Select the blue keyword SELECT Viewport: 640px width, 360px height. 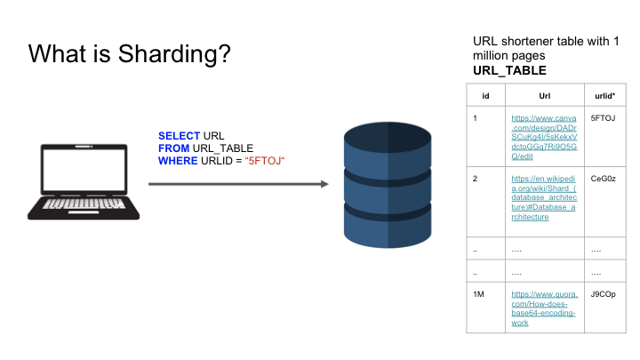[180, 136]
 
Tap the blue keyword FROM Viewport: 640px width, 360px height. [174, 148]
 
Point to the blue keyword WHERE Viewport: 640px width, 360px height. [178, 161]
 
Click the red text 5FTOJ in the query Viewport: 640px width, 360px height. [265, 161]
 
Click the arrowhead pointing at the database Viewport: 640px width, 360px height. [325, 184]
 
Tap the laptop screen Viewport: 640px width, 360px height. [84, 170]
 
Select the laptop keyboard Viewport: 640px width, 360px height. [84, 204]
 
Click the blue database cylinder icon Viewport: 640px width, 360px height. [388, 185]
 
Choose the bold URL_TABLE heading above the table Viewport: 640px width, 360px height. [509, 70]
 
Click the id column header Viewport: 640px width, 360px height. [485, 96]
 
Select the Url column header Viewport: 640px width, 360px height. [545, 96]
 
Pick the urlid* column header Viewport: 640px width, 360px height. [605, 96]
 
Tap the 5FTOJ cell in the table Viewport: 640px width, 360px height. [603, 118]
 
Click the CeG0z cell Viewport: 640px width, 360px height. [604, 179]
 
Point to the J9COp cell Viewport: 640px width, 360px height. [604, 294]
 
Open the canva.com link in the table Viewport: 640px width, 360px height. [544, 137]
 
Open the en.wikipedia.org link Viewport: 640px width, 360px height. [544, 197]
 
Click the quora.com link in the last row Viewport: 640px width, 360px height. [545, 308]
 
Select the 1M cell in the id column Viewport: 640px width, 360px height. [478, 294]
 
